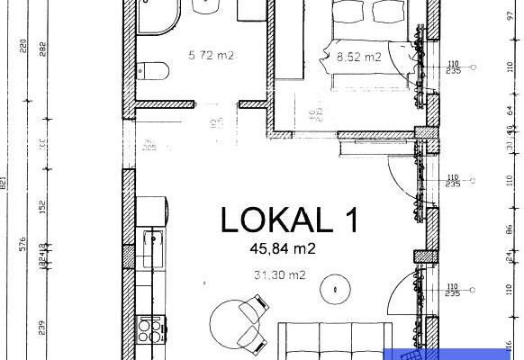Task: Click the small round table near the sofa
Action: (x=338, y=291)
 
